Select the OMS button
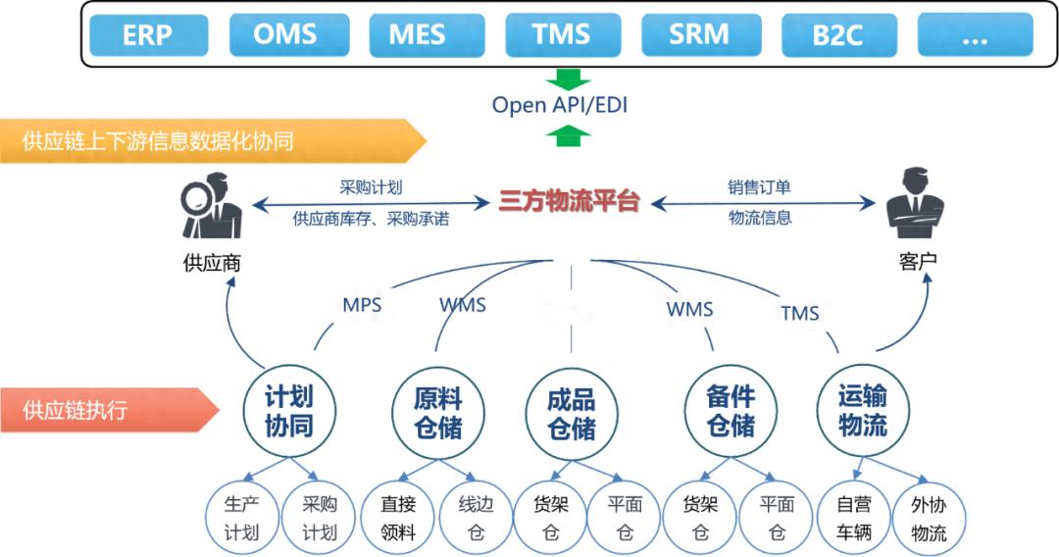pyautogui.click(x=285, y=35)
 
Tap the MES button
pyautogui.click(x=425, y=35)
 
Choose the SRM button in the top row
pyautogui.click(x=698, y=35)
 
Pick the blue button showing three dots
pyautogui.click(x=975, y=35)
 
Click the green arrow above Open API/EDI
pyautogui.click(x=566, y=78)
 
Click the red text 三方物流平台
pyautogui.click(x=569, y=202)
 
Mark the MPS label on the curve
pyautogui.click(x=362, y=304)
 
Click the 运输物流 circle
pyautogui.click(x=863, y=411)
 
